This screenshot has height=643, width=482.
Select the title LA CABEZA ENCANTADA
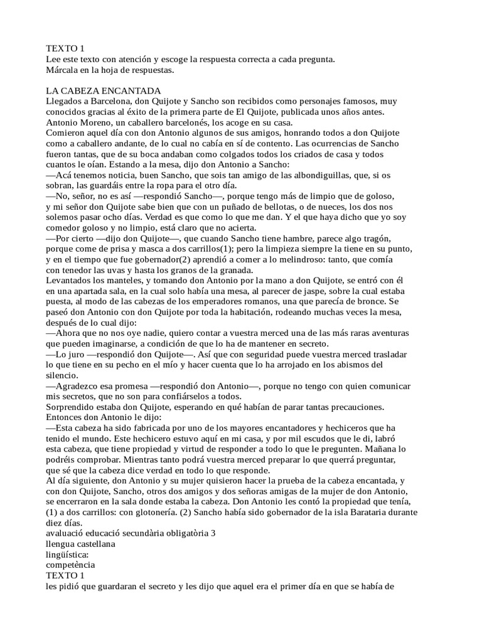104,90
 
